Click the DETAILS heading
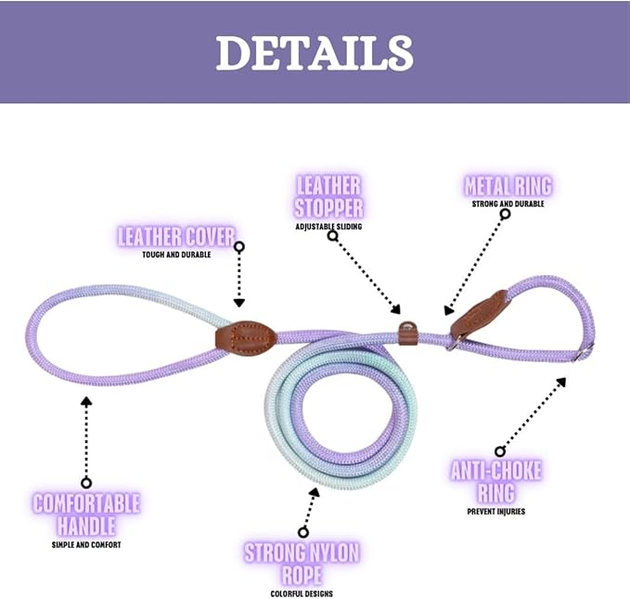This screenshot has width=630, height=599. [x=315, y=53]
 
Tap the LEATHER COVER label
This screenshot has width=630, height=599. [x=176, y=236]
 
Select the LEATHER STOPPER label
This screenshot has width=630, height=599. [x=328, y=195]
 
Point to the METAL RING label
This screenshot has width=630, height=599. [x=508, y=187]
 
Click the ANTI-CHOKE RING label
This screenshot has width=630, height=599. [x=495, y=480]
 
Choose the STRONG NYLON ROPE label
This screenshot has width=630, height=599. [x=302, y=564]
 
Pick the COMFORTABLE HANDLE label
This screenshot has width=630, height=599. [x=86, y=514]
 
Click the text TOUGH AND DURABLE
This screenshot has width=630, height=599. [x=176, y=254]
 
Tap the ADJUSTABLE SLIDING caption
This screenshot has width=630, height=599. [x=328, y=227]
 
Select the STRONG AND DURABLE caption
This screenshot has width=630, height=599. [x=508, y=204]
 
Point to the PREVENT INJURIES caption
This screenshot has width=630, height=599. [x=495, y=511]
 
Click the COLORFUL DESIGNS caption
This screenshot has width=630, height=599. [x=302, y=593]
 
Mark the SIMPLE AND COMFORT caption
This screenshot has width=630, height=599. [x=86, y=545]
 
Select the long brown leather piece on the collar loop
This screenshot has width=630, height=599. [x=480, y=314]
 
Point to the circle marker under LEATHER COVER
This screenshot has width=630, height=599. [x=238, y=247]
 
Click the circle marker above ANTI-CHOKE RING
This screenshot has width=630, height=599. [x=500, y=451]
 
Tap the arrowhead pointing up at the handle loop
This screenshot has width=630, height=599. [x=86, y=401]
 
